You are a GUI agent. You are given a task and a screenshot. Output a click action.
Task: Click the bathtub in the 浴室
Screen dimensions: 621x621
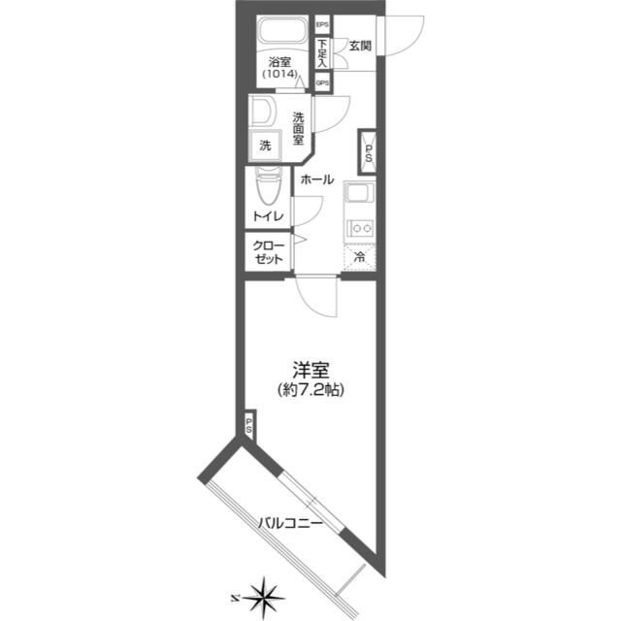pyautogui.click(x=282, y=32)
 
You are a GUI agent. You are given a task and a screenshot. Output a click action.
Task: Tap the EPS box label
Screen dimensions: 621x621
pyautogui.click(x=322, y=24)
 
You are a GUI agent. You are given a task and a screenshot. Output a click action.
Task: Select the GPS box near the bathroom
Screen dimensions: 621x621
pyautogui.click(x=322, y=82)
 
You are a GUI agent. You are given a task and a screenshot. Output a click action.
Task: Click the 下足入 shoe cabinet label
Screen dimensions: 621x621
pyautogui.click(x=323, y=52)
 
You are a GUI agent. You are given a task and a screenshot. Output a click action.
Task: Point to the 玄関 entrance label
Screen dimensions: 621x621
pyautogui.click(x=360, y=46)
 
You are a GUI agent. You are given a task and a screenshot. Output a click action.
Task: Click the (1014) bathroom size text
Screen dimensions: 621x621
pyautogui.click(x=279, y=74)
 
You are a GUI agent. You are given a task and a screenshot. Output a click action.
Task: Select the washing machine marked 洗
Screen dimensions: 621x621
pyautogui.click(x=265, y=146)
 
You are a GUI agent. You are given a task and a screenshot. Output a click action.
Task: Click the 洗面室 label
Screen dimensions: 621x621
pyautogui.click(x=298, y=129)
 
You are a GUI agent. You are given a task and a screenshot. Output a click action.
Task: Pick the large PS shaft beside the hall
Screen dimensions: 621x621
pyautogui.click(x=368, y=152)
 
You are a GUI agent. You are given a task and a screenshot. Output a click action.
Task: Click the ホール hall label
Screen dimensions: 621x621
pyautogui.click(x=317, y=180)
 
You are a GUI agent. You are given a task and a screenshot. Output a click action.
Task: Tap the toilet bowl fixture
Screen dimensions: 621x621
pyautogui.click(x=269, y=186)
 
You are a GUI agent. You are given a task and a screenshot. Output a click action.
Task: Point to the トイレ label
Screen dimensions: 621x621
pyautogui.click(x=269, y=216)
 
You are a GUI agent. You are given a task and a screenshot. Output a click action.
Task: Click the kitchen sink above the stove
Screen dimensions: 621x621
pyautogui.click(x=360, y=194)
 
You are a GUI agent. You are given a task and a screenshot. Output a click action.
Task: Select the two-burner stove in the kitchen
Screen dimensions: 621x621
pyautogui.click(x=361, y=229)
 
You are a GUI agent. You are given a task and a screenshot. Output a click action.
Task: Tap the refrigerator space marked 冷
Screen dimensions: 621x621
pyautogui.click(x=360, y=257)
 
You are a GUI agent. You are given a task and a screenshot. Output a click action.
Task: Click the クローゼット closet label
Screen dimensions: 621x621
pyautogui.click(x=269, y=252)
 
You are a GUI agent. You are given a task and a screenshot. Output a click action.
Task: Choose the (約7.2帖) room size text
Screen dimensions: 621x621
pyautogui.click(x=310, y=390)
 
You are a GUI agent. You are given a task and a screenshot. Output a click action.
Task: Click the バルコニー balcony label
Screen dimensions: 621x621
pyautogui.click(x=290, y=524)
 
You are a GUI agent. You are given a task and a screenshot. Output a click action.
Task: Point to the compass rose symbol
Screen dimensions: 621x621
pyautogui.click(x=263, y=598)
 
